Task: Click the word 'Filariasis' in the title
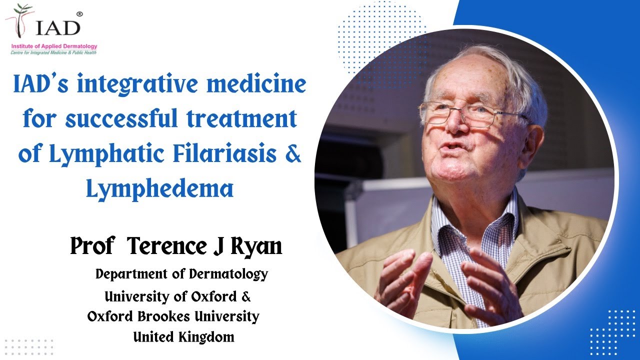(x=225, y=154)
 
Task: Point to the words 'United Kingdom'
(x=183, y=337)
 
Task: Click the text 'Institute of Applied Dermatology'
(x=54, y=46)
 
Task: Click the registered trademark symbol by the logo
(x=78, y=13)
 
